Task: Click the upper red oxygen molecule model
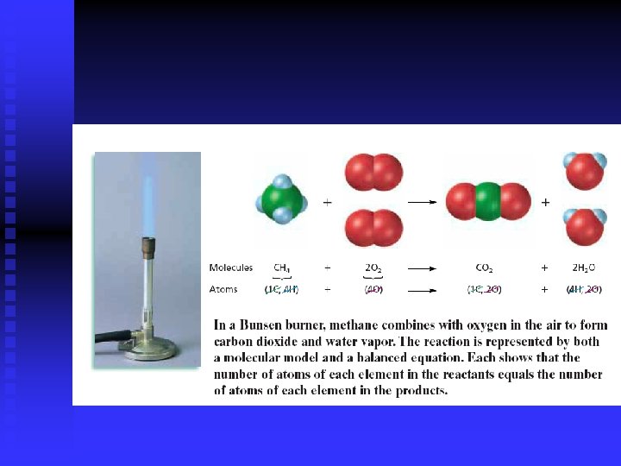(373, 172)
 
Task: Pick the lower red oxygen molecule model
(373, 229)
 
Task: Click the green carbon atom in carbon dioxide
(488, 202)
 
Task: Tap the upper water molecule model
(584, 170)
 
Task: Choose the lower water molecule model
(584, 226)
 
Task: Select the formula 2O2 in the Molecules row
(373, 268)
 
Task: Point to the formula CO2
(485, 268)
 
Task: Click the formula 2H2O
(584, 268)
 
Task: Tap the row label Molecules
(231, 268)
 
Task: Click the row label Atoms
(223, 289)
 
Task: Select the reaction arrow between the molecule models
(422, 202)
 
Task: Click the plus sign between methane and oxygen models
(327, 202)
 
